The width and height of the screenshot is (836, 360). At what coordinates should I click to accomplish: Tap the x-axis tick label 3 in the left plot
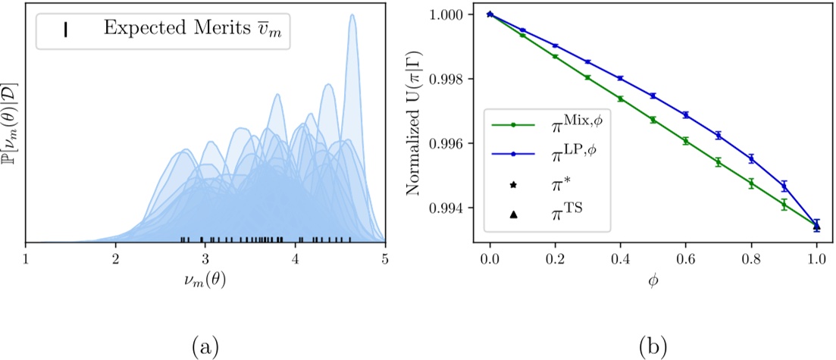tap(205, 258)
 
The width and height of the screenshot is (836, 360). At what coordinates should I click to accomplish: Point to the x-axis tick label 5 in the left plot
tap(385, 258)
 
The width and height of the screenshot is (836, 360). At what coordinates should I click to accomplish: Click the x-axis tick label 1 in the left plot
tap(25, 258)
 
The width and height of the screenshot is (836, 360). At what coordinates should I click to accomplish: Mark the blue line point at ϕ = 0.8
tap(751, 159)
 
